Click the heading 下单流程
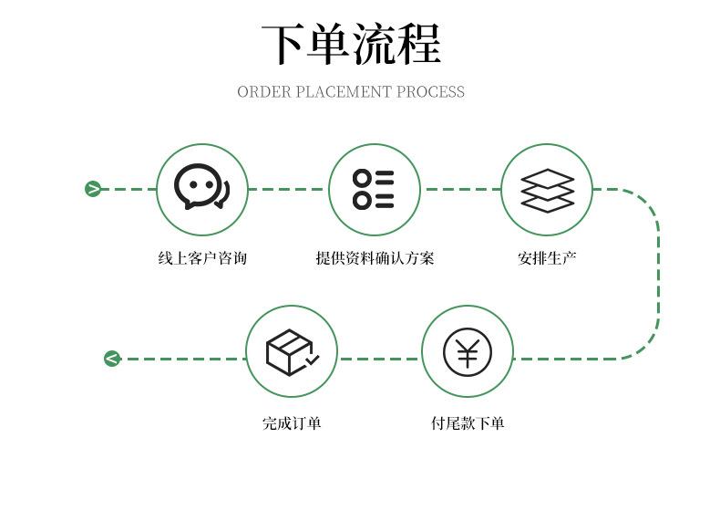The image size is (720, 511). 351,44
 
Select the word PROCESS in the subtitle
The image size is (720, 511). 430,92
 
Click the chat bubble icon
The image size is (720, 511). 201,189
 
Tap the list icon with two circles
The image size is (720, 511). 374,189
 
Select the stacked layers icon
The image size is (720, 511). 547,190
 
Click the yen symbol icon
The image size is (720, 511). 468,352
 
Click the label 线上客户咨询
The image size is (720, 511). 202,258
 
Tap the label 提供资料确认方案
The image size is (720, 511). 375,258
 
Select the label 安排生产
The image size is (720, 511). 547,258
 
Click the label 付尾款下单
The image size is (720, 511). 468,422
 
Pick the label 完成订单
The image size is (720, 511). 292,422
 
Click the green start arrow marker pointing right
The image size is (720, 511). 93,189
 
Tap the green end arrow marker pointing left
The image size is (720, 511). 111,359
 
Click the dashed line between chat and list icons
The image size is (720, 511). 287,189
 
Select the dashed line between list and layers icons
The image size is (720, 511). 460,189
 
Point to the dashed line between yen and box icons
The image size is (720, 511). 379,359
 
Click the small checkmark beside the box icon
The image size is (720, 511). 312,361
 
